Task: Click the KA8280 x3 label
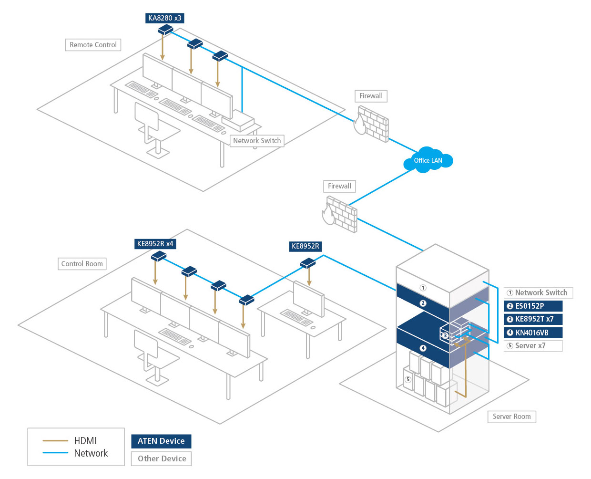[164, 18]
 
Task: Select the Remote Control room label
[93, 45]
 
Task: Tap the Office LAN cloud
[428, 161]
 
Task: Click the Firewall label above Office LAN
[371, 96]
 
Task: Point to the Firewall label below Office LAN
[339, 186]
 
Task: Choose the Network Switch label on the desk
[257, 141]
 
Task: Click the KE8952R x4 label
[155, 244]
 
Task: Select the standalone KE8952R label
[306, 246]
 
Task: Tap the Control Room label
[82, 264]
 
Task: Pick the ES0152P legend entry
[533, 306]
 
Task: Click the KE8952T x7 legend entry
[533, 319]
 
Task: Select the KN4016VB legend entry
[533, 333]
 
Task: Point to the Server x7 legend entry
[533, 346]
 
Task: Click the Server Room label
[511, 417]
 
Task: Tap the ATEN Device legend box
[161, 441]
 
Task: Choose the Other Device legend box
[162, 458]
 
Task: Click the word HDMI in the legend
[85, 441]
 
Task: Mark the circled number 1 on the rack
[423, 288]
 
